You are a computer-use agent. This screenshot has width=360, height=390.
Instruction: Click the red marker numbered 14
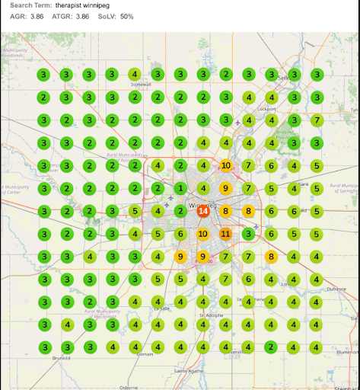click(x=202, y=211)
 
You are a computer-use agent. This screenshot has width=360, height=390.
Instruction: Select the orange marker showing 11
click(x=225, y=234)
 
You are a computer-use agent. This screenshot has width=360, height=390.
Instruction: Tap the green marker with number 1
click(x=180, y=188)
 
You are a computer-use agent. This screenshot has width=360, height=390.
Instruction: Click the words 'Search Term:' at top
click(x=30, y=5)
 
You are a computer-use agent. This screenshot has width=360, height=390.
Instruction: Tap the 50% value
click(x=127, y=16)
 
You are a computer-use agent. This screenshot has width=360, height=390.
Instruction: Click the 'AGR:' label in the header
click(x=18, y=16)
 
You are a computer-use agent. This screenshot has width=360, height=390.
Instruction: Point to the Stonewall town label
click(x=142, y=85)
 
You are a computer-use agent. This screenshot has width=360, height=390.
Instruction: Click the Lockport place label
click(x=267, y=108)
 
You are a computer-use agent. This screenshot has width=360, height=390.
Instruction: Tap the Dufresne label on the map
click(x=336, y=289)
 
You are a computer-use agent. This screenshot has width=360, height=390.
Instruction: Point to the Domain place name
click(x=144, y=354)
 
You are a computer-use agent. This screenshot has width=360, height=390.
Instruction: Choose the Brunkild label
click(x=62, y=356)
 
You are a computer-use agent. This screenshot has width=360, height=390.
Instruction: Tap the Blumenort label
click(x=346, y=353)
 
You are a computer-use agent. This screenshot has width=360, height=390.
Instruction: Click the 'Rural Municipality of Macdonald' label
click(x=104, y=313)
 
